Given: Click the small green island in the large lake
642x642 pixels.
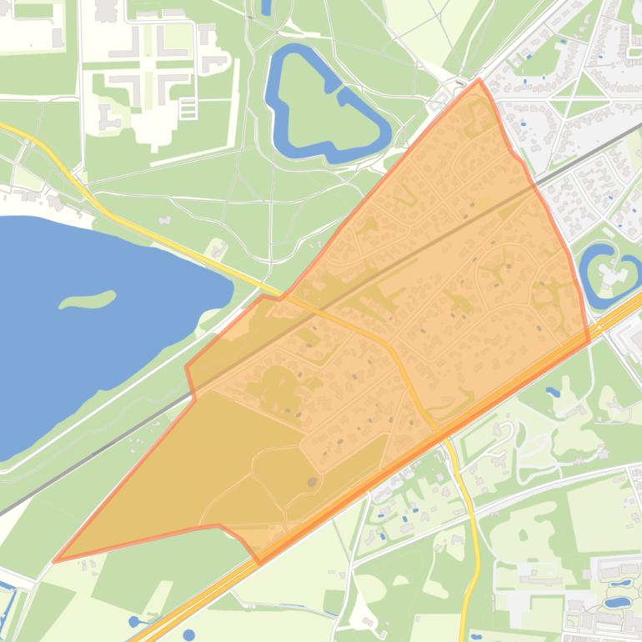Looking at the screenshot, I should [x=88, y=299].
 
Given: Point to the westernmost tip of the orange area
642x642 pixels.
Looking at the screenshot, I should [x=54, y=561].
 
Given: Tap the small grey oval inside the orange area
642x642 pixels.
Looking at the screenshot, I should [x=312, y=481].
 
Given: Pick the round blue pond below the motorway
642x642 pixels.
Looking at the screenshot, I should [x=189, y=634].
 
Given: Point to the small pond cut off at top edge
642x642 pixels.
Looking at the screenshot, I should [x=266, y=7].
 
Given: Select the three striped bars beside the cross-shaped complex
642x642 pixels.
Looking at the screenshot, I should [x=188, y=108].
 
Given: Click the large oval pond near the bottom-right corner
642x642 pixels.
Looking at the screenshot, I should [x=617, y=601].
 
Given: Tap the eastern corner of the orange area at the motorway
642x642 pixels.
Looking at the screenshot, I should [x=589, y=340].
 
